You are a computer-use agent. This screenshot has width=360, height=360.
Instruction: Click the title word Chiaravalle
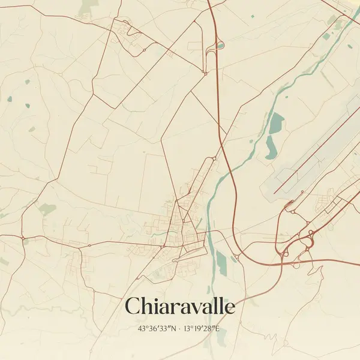pyautogui.click(x=179, y=307)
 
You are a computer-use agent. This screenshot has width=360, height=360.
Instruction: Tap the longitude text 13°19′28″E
pyautogui.click(x=203, y=329)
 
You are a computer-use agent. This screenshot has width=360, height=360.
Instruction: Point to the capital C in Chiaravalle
pyautogui.click(x=134, y=307)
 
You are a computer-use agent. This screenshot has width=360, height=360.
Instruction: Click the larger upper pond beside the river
pyautogui.click(x=276, y=124)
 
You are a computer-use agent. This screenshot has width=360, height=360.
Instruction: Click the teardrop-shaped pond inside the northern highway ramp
pyautogui.click(x=220, y=44)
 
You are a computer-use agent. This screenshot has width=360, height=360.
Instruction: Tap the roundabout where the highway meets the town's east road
pyautogui.click(x=238, y=257)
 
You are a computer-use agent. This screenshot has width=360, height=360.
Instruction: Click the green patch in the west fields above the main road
pyautogui.click(x=47, y=209)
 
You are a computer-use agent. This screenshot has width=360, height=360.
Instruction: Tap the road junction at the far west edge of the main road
pyautogui.click(x=24, y=241)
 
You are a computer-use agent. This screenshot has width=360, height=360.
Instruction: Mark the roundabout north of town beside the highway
pyautogui.click(x=214, y=158)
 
